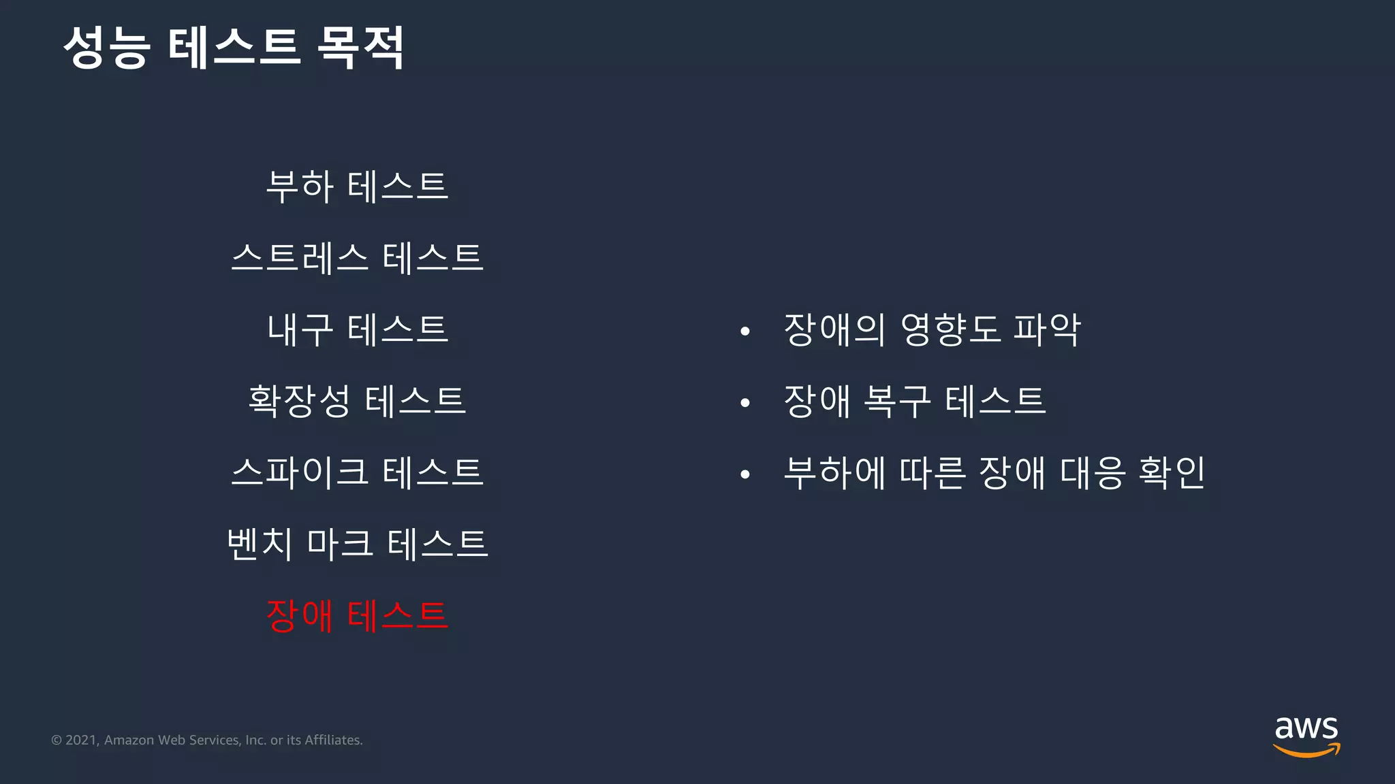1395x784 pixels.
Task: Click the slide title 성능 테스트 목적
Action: click(234, 48)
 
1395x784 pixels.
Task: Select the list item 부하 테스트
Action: click(357, 186)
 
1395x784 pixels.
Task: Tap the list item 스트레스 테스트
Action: click(357, 258)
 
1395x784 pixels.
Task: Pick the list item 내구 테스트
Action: click(357, 329)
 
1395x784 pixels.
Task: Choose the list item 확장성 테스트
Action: click(357, 401)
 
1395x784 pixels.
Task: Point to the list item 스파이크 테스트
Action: click(357, 472)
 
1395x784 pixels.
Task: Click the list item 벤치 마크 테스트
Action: click(357, 544)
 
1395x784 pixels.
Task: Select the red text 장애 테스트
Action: click(357, 615)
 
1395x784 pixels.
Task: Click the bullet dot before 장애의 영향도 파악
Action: click(745, 331)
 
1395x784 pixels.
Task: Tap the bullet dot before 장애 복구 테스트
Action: click(745, 403)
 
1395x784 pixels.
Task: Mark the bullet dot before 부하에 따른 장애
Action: click(745, 474)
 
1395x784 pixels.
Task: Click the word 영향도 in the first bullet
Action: click(950, 330)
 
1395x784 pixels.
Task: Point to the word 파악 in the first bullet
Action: click(1047, 330)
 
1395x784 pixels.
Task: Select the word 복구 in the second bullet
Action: click(896, 402)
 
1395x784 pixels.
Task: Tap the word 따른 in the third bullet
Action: click(932, 472)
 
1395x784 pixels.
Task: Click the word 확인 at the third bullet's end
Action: click(1172, 472)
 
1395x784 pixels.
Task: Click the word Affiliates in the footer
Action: click(333, 740)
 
